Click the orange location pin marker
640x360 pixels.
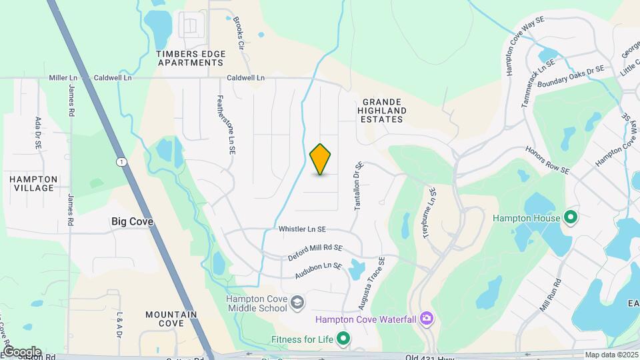(x=321, y=159)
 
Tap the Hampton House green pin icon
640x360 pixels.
(x=570, y=217)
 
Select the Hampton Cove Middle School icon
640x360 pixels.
(x=297, y=304)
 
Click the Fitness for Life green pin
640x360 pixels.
(x=343, y=339)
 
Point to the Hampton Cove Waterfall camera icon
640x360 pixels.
(x=427, y=319)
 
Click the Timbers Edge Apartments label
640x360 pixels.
(x=190, y=57)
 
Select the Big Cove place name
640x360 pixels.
(x=131, y=221)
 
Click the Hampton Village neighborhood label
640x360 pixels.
(x=33, y=183)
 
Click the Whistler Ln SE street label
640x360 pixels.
(x=302, y=229)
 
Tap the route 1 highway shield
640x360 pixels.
(x=121, y=162)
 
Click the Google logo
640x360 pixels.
(x=21, y=351)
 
